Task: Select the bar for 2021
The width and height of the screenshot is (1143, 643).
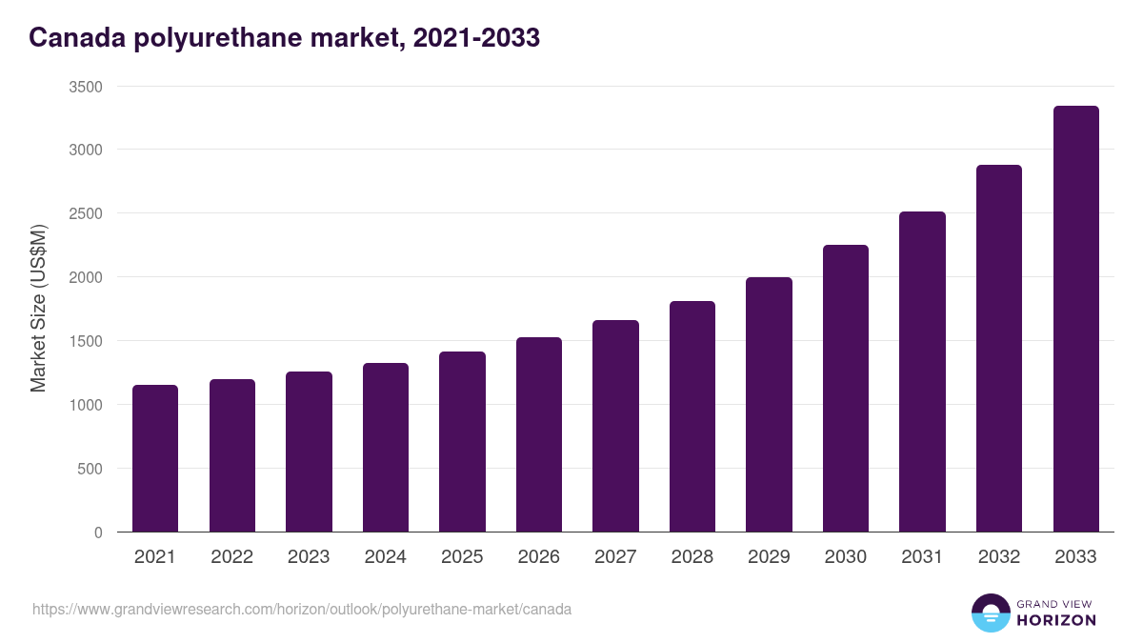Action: coord(155,458)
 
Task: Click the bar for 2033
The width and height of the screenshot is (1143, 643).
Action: coord(1075,319)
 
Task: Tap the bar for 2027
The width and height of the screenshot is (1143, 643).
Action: coord(615,426)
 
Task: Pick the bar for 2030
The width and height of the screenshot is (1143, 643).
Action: coord(846,389)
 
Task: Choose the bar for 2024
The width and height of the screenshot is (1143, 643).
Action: coord(386,448)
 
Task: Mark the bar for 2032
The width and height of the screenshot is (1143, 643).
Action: coord(999,349)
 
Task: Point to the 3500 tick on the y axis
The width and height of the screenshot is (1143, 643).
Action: coord(86,87)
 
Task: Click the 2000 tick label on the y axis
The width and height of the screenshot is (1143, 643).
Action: coord(86,277)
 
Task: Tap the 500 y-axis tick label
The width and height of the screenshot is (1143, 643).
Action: coord(90,469)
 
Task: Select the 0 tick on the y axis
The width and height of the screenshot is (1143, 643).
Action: coord(98,532)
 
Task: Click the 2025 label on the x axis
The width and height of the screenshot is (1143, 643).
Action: coord(462,557)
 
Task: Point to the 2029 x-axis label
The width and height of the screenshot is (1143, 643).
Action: coord(769,557)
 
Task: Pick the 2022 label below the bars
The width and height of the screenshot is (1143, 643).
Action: coord(231,557)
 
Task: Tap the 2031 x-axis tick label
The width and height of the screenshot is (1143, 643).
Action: coord(922,557)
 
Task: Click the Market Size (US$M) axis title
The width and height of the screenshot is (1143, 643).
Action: coord(38,309)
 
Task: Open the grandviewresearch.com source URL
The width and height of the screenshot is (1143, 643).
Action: coord(302,609)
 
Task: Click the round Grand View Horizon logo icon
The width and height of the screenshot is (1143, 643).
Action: coord(990,613)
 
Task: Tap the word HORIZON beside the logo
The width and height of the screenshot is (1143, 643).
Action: coord(1056,620)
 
